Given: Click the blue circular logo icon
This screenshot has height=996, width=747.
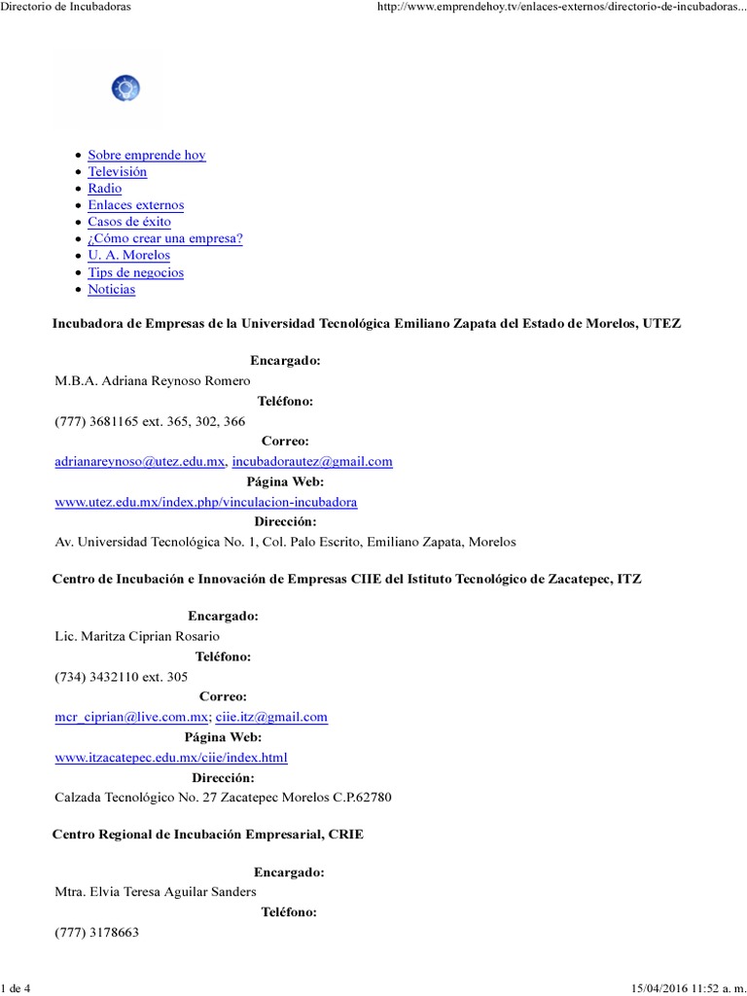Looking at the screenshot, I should coord(126,89).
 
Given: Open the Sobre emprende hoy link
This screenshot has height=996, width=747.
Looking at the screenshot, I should coord(146,155).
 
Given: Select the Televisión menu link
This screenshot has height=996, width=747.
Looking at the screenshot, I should coord(117,171).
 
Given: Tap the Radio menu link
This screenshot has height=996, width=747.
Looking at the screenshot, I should coord(104,188).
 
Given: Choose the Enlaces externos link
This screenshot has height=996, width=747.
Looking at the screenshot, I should coord(135,205).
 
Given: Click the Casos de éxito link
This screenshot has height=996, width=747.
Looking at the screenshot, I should coord(128,222).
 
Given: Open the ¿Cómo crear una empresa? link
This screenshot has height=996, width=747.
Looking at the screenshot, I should coord(164,238).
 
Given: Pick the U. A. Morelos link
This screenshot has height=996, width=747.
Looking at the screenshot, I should coord(128,255).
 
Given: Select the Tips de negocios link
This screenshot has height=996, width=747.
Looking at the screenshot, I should coord(135,272).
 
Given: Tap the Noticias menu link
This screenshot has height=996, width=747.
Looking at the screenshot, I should coord(111,289).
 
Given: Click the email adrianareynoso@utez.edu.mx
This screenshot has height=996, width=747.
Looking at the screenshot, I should coord(140,462).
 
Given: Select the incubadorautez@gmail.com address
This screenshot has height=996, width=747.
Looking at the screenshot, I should coord(312,462).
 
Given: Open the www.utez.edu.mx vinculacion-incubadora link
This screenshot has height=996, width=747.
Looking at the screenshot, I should coord(206,502).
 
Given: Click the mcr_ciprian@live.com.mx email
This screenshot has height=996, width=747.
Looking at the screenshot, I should coord(131,717).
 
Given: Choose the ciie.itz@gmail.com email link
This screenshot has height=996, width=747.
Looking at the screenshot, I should coord(271,717).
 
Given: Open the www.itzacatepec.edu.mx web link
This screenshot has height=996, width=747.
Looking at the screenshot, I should coord(171,757).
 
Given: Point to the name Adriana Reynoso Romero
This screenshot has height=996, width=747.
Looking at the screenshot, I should coord(153,380).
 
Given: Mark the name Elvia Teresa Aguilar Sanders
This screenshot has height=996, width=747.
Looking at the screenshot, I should coord(157,892).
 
